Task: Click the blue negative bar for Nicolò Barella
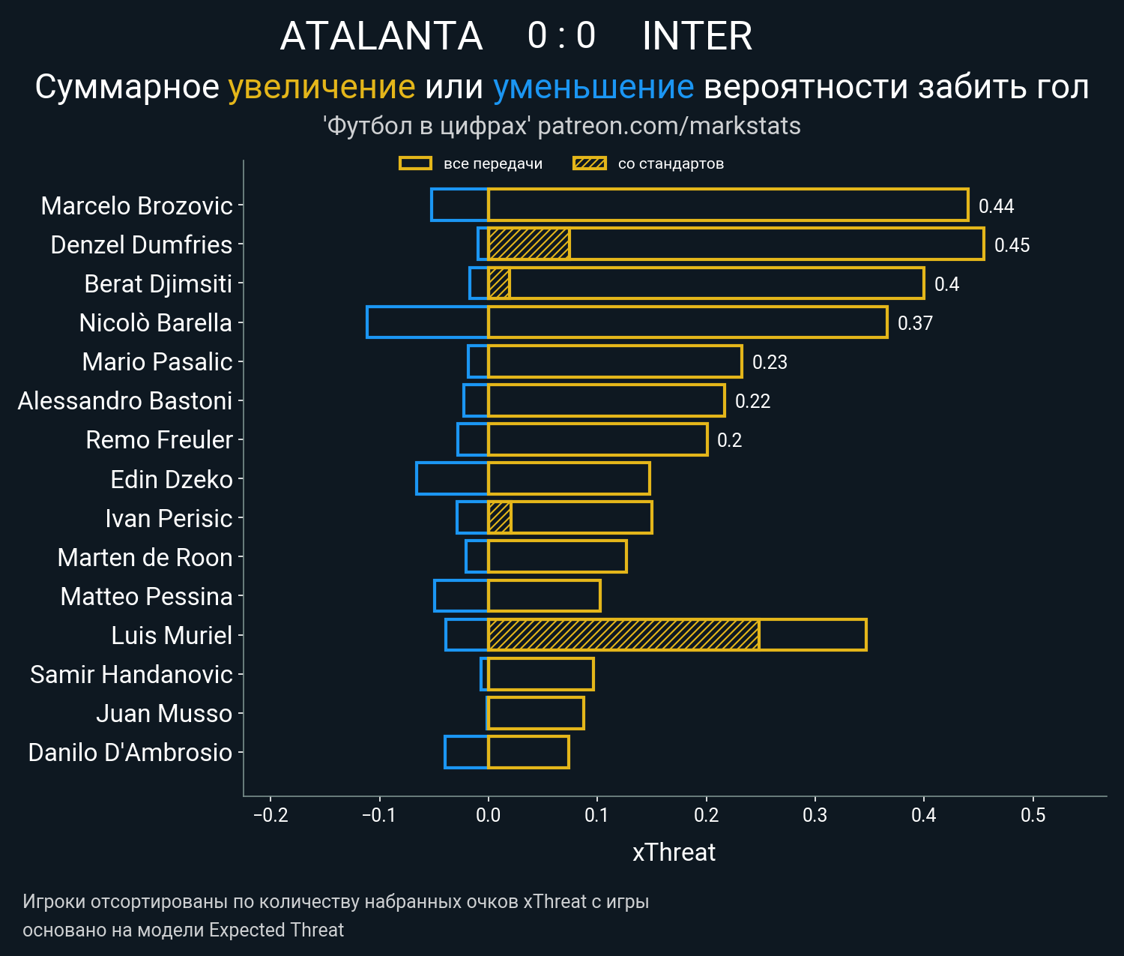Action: tap(427, 322)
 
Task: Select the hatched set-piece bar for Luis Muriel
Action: tap(623, 635)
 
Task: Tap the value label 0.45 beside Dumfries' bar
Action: tap(1012, 245)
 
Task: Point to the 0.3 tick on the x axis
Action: tap(815, 815)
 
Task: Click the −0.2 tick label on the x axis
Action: tap(271, 815)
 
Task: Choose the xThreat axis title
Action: tap(674, 853)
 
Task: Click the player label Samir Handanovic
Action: tap(131, 675)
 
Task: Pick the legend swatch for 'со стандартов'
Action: tap(589, 163)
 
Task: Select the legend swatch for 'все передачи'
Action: tap(415, 163)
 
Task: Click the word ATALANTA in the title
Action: tap(381, 36)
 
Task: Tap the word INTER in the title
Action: tap(697, 36)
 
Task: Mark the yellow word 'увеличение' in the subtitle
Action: tap(321, 87)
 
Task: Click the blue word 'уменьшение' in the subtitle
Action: tap(593, 87)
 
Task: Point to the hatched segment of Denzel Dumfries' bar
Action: tap(528, 244)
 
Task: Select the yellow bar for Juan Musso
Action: tap(536, 713)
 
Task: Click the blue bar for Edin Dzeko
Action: tap(452, 478)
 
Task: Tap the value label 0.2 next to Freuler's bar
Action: tap(729, 440)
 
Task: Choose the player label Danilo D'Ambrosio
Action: tap(130, 753)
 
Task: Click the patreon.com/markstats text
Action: tap(669, 126)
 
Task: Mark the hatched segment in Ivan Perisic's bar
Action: tap(499, 518)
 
